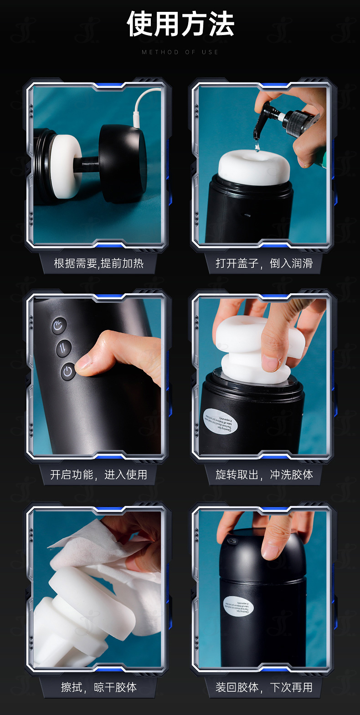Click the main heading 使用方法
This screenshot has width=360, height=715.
coord(180,25)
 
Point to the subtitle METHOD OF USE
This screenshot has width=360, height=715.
coord(180,52)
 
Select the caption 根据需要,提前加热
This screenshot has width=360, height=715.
coord(99,263)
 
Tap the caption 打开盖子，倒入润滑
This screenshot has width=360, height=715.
coord(264,263)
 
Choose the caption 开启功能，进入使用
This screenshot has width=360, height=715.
coord(99,475)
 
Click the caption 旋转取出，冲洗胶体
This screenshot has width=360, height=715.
coord(264,475)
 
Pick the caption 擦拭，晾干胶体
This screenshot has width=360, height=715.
coord(99,687)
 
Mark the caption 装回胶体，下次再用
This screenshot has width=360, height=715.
coord(264,687)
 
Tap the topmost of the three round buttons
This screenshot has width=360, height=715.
coord(59,326)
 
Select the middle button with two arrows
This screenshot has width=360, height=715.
coord(63,349)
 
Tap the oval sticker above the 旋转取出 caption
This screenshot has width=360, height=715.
coord(221,421)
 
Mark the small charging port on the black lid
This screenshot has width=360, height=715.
coord(233,541)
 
